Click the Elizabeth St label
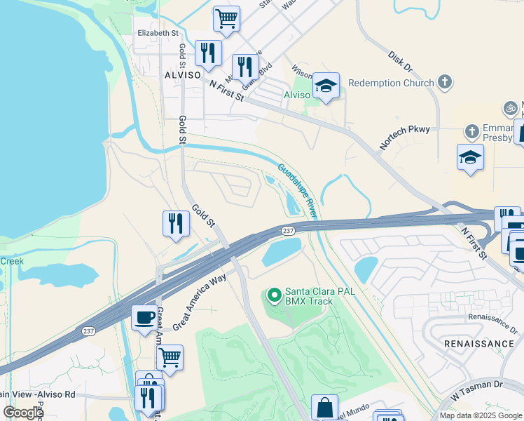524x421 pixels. (158, 33)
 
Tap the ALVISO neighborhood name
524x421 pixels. (182, 74)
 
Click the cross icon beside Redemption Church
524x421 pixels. (444, 82)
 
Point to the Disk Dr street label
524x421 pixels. (400, 60)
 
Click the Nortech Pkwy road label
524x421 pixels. (409, 137)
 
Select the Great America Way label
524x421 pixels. (200, 302)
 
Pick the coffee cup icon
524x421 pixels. (145, 317)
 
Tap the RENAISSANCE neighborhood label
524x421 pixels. (479, 344)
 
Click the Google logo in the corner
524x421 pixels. (23, 413)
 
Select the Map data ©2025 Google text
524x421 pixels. (480, 415)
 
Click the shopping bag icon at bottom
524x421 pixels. (324, 407)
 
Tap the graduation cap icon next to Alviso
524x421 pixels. (326, 86)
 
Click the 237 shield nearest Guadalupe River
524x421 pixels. (287, 231)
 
